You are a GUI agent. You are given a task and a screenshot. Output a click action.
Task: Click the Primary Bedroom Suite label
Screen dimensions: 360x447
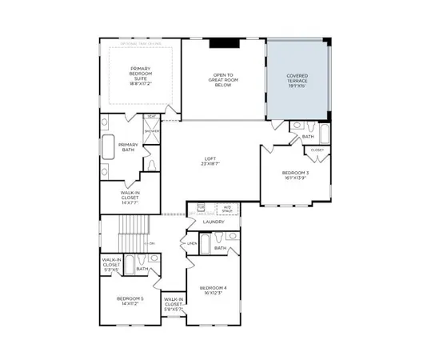(141, 75)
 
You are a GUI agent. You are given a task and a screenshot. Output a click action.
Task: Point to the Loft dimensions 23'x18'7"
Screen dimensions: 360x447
(210, 164)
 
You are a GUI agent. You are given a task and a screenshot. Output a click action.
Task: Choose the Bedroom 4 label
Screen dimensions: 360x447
(214, 290)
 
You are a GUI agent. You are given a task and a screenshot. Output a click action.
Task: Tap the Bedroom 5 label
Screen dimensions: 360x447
(130, 301)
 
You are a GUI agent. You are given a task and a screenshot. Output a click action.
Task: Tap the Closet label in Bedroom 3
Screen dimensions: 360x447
(317, 150)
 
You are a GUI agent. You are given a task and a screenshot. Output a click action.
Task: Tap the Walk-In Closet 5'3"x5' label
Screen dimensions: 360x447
(111, 264)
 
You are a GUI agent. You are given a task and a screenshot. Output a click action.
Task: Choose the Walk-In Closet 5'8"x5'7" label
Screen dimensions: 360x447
(174, 304)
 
